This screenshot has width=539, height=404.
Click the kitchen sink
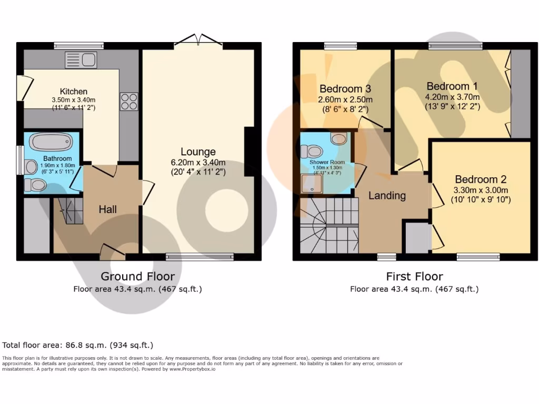pyautogui.click(x=81, y=60)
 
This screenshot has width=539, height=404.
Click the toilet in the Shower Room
pyautogui.click(x=314, y=151)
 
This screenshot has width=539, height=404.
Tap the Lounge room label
pyautogui.click(x=198, y=152)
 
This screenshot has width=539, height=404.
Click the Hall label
pyautogui.click(x=108, y=209)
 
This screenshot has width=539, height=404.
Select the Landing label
pyautogui.click(x=387, y=196)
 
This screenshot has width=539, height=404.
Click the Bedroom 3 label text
pyautogui.click(x=341, y=89)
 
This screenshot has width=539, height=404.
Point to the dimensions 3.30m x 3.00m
pyautogui.click(x=480, y=190)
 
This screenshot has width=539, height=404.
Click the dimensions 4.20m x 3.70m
pyautogui.click(x=453, y=97)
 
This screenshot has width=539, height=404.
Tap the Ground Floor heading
pyautogui.click(x=138, y=276)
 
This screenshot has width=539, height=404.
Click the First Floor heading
pyautogui.click(x=414, y=276)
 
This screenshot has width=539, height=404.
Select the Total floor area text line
pyautogui.click(x=78, y=345)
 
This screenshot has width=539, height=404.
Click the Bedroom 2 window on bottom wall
pyautogui.click(x=478, y=257)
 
